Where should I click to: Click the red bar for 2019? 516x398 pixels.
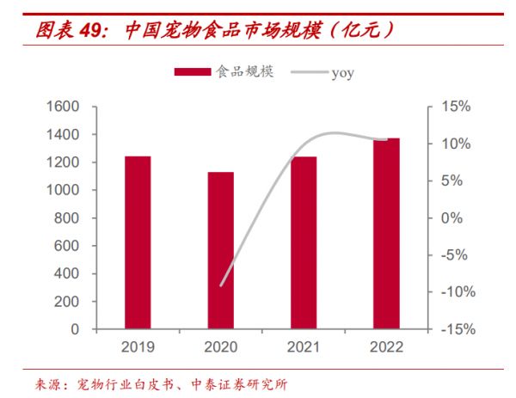click(x=138, y=242)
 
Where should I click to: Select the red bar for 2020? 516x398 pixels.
click(x=221, y=250)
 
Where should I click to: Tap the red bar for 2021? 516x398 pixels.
click(x=304, y=242)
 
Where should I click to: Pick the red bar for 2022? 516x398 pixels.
click(x=386, y=233)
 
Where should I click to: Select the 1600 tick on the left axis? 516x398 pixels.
click(x=62, y=107)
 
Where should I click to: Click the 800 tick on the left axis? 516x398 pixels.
click(x=67, y=218)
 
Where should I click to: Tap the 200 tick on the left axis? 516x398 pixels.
click(x=67, y=302)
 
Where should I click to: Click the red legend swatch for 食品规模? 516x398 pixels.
click(x=193, y=72)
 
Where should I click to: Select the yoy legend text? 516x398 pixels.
click(x=342, y=73)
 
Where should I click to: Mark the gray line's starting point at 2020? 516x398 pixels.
click(x=221, y=285)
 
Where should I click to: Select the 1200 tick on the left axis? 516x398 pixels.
click(x=62, y=162)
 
